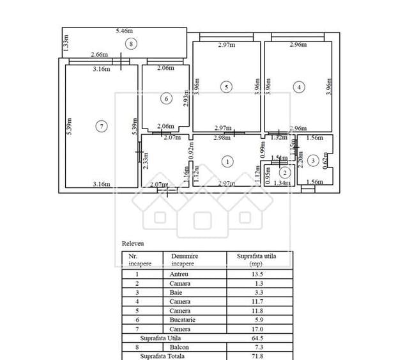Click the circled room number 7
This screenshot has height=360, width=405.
click(102, 126)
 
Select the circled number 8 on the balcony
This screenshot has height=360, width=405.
click(130, 43)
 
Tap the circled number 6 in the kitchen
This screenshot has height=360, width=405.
click(166, 98)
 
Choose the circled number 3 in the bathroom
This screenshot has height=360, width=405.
click(312, 160)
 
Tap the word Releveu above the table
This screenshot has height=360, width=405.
click(133, 244)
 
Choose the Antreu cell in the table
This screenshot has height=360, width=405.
click(179, 275)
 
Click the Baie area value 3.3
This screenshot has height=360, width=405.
click(260, 292)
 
